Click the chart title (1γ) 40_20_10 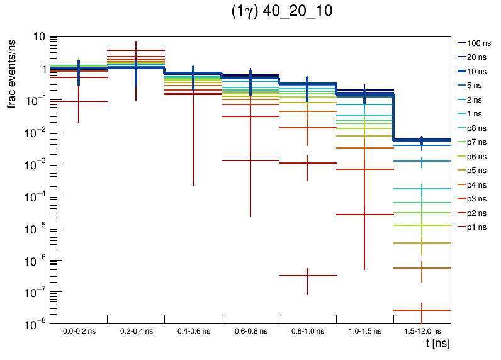point(281,12)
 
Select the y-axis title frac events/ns point(12,72)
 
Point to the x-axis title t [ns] point(437,344)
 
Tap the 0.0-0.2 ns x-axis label point(79,330)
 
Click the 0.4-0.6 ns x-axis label point(193,330)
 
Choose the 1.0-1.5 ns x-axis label point(364,330)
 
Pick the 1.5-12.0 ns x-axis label point(422,330)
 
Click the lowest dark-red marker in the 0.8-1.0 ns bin point(307,276)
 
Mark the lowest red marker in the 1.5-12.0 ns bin point(422,310)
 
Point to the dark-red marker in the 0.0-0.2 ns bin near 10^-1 point(79,101)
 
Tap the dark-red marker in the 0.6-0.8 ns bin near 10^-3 point(250,160)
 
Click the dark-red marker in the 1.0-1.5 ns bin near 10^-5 point(364,215)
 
